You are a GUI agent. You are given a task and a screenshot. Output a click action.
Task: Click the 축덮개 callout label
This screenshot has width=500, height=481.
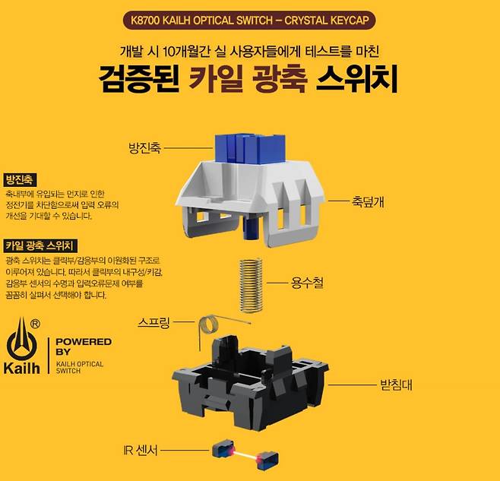[368, 201]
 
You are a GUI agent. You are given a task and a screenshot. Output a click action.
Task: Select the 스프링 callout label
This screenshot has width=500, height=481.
[155, 321]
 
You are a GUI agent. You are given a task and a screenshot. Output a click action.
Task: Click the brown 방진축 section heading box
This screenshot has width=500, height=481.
[18, 180]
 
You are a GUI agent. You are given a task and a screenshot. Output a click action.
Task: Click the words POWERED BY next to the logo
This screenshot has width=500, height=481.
[84, 347]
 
